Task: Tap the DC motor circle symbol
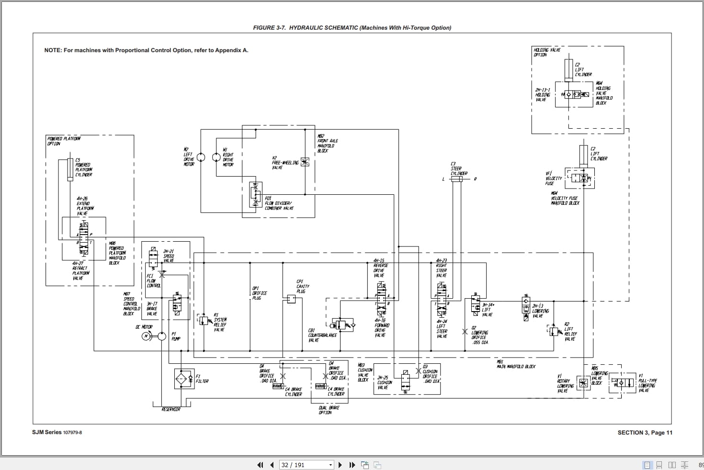click(147, 336)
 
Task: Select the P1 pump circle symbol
click(162, 336)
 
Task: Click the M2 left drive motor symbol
click(201, 157)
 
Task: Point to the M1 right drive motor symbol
click(216, 157)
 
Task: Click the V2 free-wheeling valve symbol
click(305, 162)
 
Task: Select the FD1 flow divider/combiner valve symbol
click(255, 195)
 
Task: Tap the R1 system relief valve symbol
click(203, 320)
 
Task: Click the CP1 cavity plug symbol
click(290, 300)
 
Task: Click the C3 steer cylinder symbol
click(456, 179)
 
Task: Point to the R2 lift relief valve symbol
click(554, 331)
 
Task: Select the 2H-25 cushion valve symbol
click(405, 381)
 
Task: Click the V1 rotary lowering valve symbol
click(583, 383)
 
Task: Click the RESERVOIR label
click(171, 410)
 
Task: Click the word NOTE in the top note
click(53, 50)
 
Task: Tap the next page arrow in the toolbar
click(340, 465)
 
